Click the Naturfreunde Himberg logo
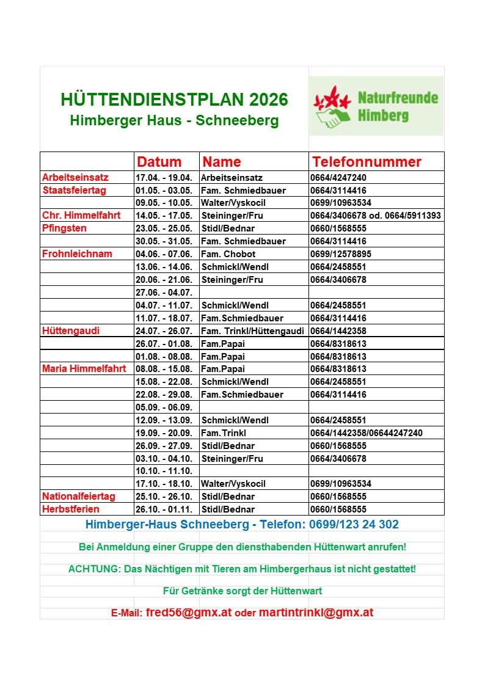pos(376,106)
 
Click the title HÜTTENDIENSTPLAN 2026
pos(175,100)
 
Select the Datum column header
pos(159,162)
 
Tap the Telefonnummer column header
pos(366,162)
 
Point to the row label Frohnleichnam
pos(73,254)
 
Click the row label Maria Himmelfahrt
pos(84,369)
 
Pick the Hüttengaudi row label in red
pos(71,330)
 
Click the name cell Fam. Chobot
pos(228,254)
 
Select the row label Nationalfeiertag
pos(79,497)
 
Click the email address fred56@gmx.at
pos(189,613)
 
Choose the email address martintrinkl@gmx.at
pos(316,613)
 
